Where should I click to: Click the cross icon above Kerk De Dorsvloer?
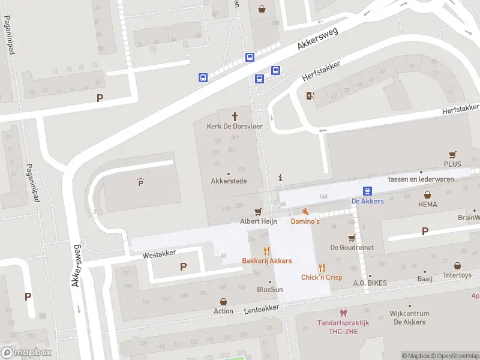tap(235, 115)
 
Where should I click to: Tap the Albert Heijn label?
tap(258, 221)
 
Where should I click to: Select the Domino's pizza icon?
tap(305, 211)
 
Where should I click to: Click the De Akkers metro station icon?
tap(367, 190)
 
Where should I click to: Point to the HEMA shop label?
tap(427, 205)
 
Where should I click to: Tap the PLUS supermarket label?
tap(452, 164)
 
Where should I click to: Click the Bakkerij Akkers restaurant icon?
tap(267, 251)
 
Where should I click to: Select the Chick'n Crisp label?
tap(322, 277)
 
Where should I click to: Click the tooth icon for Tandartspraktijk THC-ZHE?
tap(343, 313)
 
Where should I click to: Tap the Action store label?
tap(223, 311)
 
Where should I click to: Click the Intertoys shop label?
tap(457, 276)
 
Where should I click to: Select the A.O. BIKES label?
tap(370, 283)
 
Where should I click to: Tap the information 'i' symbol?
tap(280, 178)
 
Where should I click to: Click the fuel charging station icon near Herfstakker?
tap(310, 95)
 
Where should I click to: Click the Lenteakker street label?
tap(262, 308)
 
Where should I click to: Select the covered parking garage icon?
tap(141, 182)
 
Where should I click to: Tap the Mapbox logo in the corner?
tap(26, 353)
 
